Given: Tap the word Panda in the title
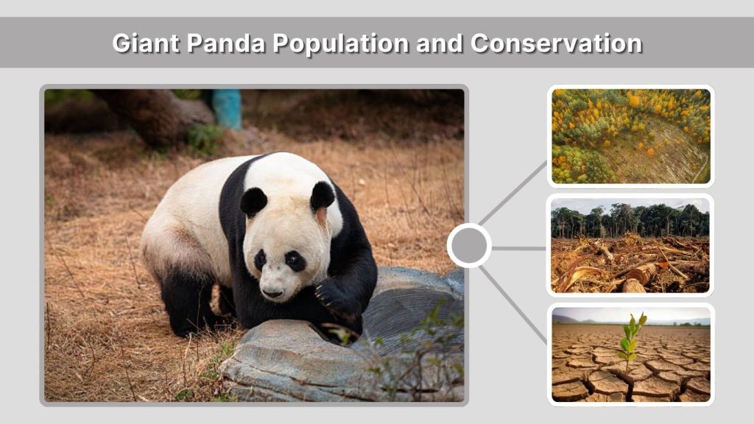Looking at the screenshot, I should click(x=226, y=43).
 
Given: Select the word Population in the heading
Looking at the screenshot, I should click(x=340, y=43).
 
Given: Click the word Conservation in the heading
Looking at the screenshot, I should click(x=556, y=43).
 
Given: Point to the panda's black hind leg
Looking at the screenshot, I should click(x=183, y=302).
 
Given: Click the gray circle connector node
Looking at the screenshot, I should click(x=469, y=246).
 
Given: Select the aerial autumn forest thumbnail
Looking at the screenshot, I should click(x=630, y=136).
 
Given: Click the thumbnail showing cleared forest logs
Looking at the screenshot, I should click(x=630, y=246).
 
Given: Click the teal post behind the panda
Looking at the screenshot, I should click(x=228, y=108).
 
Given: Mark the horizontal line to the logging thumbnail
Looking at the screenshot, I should click(x=519, y=248).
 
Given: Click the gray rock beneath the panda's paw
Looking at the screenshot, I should click(x=295, y=361).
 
